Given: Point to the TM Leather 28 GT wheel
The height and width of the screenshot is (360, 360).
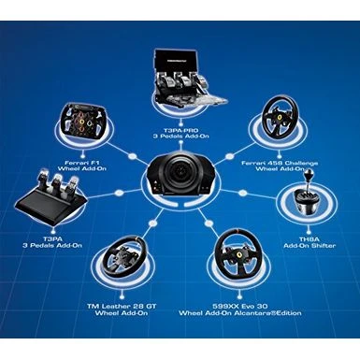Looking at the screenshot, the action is [125, 256].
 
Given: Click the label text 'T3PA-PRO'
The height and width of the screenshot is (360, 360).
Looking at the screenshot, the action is [180, 130].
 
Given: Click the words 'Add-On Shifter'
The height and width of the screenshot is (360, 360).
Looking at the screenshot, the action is [310, 246].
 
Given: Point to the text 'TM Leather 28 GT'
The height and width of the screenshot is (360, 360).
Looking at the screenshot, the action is [122, 306].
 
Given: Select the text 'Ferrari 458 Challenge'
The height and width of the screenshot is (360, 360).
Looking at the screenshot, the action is [280, 163].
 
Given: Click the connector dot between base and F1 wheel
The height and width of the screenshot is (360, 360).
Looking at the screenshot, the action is [133, 156].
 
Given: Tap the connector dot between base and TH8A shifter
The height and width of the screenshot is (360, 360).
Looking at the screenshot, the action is [242, 193].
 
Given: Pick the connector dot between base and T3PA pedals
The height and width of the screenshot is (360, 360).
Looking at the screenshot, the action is [119, 193].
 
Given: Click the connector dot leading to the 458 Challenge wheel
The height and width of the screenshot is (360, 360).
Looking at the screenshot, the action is [230, 156].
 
